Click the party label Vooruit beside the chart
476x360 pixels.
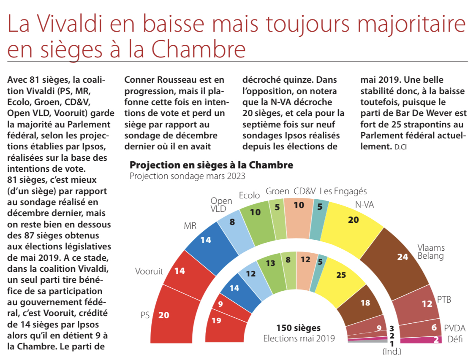[149, 271]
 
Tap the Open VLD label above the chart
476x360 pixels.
[221, 204]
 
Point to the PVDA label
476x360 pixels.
[455, 328]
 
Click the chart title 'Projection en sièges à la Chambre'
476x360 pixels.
[211, 165]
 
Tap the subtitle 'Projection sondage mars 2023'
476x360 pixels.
[187, 176]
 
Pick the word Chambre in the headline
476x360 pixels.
[199, 49]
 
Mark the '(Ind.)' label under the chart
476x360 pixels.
[392, 351]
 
